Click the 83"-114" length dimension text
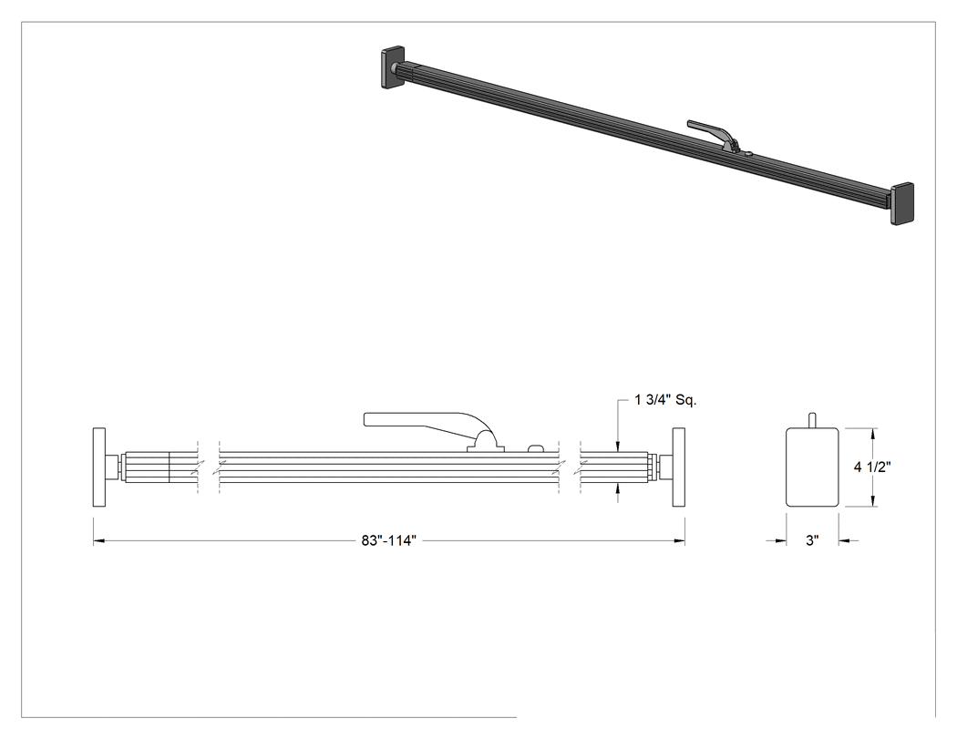pos(388,540)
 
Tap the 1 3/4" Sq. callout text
pos(665,400)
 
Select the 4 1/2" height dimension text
pos(872,467)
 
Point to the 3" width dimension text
pos(812,540)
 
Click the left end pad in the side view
pos(98,467)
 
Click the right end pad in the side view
pos(679,467)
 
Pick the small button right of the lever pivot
pos(535,448)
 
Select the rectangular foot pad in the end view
pos(812,467)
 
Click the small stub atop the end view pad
pos(812,420)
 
